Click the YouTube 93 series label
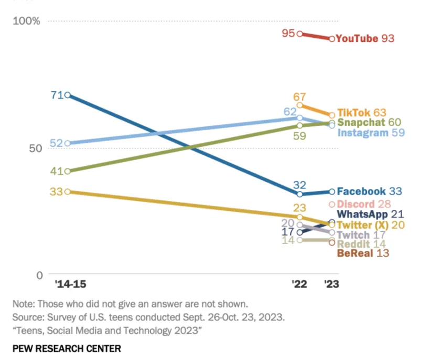coord(365,38)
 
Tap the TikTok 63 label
coord(362,112)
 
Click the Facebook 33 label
coord(369,192)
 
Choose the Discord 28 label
coord(364,204)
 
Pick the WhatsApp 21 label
coord(370,214)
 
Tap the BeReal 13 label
coord(363,253)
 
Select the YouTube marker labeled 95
coord(299,34)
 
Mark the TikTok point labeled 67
coord(299,105)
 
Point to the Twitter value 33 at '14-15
coord(56,192)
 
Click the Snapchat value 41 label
coord(56,171)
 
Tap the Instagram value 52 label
coord(56,143)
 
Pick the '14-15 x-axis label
coord(70,284)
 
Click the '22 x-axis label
coord(299,284)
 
